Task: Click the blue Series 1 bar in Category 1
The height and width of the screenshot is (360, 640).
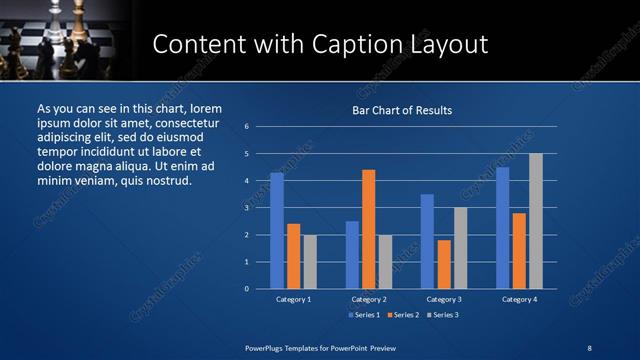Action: [x=277, y=231]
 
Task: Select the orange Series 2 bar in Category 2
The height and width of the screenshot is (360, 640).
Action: [x=369, y=229]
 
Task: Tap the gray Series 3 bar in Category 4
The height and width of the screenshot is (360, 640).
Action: [x=536, y=221]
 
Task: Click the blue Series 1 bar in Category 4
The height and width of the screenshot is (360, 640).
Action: [x=503, y=228]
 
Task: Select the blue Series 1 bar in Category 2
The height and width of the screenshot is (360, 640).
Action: [x=352, y=255]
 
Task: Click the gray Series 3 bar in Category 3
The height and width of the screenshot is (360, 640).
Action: [x=460, y=248]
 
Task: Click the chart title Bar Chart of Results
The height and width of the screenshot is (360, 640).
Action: [x=403, y=110]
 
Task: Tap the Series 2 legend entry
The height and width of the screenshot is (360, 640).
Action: [x=402, y=315]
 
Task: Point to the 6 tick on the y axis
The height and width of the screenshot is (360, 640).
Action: [x=247, y=127]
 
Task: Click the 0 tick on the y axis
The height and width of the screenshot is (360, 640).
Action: [x=247, y=289]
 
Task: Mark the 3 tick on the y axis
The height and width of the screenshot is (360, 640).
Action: [x=247, y=208]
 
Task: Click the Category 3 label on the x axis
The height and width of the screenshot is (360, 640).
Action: [x=444, y=299]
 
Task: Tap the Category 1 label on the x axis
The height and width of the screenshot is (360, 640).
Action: [x=293, y=299]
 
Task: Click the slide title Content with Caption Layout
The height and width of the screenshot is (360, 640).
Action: [x=320, y=44]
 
